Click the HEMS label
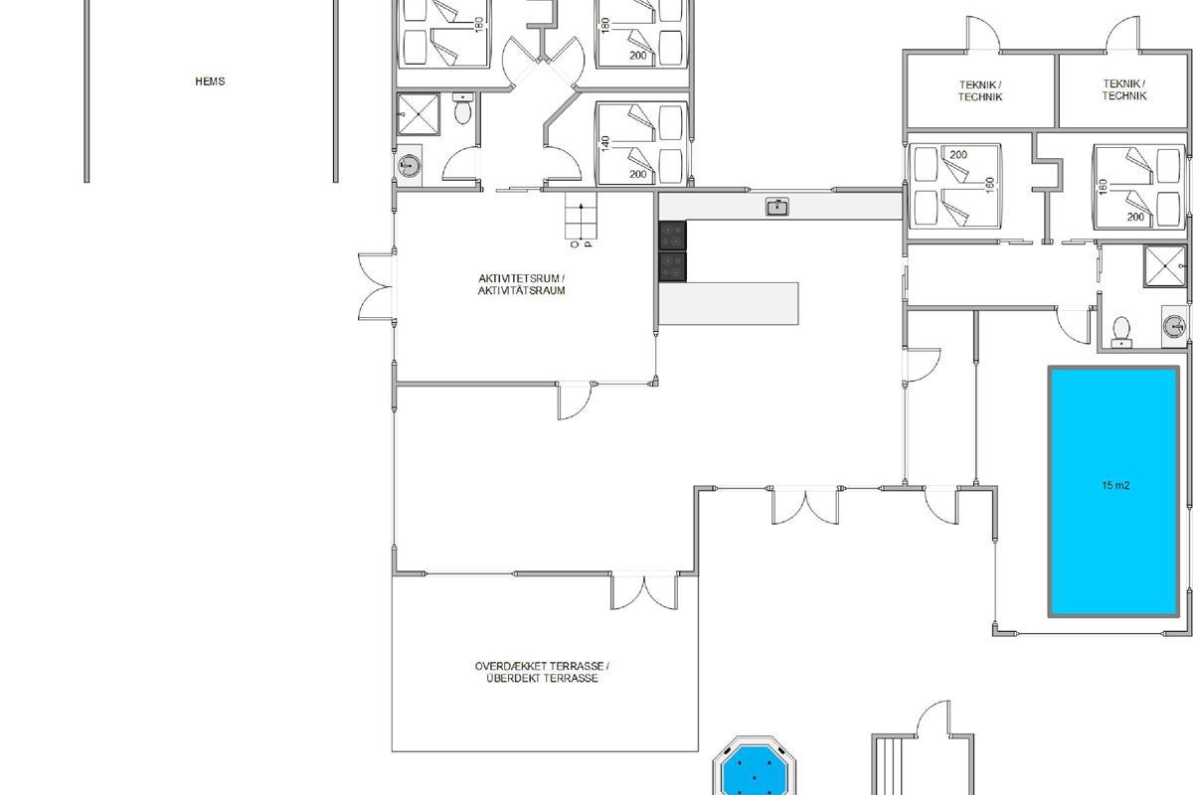pos(210,81)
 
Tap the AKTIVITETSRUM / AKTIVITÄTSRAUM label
pos(521,284)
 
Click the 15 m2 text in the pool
pos(1115,485)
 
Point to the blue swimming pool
pos(1113,491)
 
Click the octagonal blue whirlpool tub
pos(755,767)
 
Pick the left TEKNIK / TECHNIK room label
pos(980,90)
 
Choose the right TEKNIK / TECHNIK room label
pos(1123,89)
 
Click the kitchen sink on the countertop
pos(777,206)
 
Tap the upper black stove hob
pos(673,236)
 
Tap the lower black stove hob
pos(673,266)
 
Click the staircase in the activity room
pos(581,217)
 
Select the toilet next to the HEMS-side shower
pos(462,108)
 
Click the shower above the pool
pos(1165,265)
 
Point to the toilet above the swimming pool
pos(1121,332)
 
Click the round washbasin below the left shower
pos(409,166)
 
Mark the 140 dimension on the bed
pos(604,143)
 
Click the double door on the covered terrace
pos(644,591)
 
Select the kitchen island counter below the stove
pos(729,303)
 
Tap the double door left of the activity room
pos(376,287)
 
